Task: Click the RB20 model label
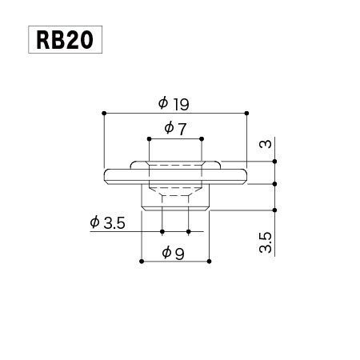tap(65, 40)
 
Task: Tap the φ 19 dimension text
tap(174, 104)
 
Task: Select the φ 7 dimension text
tap(175, 129)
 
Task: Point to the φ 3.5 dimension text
tap(107, 223)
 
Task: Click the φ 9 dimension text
tap(173, 253)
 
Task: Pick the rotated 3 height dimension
tap(266, 144)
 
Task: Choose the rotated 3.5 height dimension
tap(266, 242)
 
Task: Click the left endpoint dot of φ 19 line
tap(104, 114)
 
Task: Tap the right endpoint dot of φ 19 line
tap(246, 114)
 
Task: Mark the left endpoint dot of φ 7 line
tap(149, 139)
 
